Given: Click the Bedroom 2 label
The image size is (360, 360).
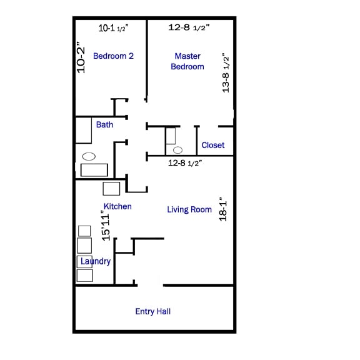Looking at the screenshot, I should point(113,56).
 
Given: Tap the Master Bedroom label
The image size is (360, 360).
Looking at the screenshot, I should point(187,61).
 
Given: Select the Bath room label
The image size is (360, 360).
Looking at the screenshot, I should point(104,124).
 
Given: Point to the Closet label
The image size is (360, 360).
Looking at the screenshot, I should point(212,145).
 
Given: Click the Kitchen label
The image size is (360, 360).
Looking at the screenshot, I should point(117,206).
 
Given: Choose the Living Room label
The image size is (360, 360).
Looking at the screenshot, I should point(189,209).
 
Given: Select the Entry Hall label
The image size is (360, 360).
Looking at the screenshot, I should point(153,311).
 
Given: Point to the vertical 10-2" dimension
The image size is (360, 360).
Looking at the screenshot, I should point(81,57).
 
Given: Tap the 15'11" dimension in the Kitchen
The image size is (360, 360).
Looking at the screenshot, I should point(106,226).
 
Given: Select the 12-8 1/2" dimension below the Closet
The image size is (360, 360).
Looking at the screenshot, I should point(185,163).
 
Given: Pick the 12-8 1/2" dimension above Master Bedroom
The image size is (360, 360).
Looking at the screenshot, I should point(189,27).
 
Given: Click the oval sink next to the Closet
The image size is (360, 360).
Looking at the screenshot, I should point(178,150).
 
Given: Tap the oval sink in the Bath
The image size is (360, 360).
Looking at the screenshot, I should point(89,156).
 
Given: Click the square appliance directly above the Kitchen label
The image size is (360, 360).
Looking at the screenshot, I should point(111,188).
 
